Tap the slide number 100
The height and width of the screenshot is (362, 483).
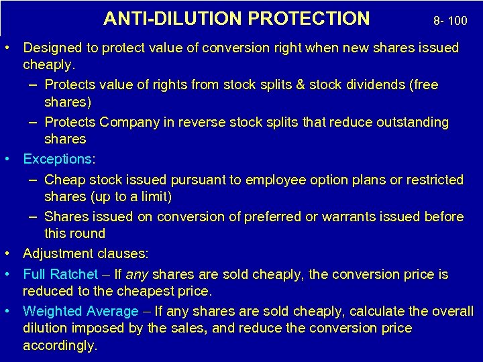point(457,21)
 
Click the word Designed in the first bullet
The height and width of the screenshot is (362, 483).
point(50,48)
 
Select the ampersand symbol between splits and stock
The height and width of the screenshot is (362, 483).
point(300,85)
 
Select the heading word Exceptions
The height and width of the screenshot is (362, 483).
point(58,159)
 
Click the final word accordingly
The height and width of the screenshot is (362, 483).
point(60,346)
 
